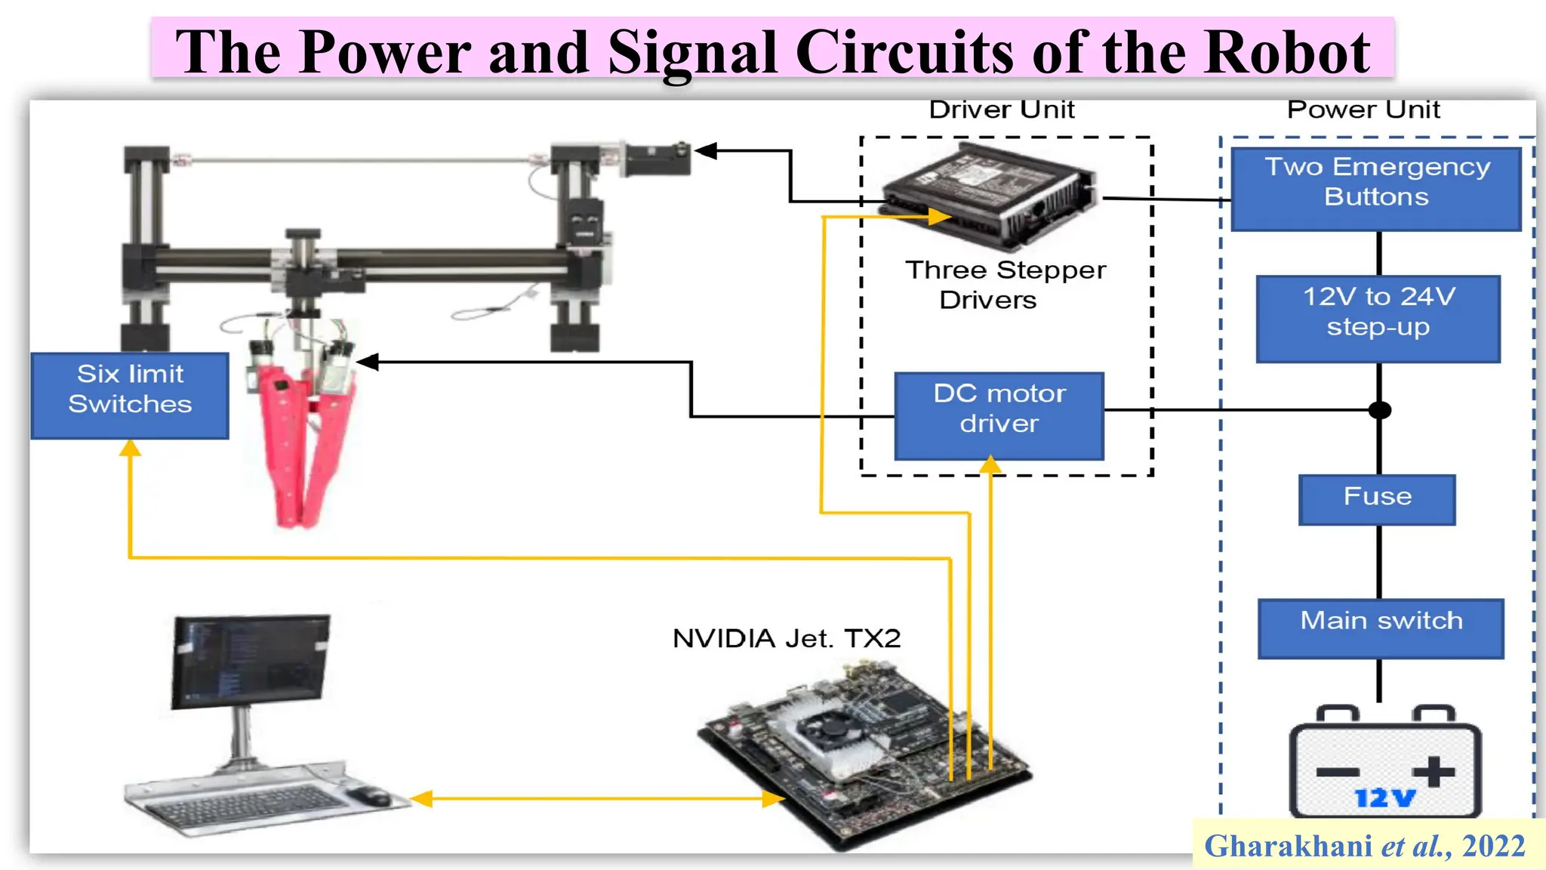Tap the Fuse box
tap(1377, 499)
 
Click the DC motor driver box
tap(999, 415)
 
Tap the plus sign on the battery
tap(1433, 772)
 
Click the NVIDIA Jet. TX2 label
tap(787, 639)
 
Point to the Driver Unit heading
tap(1002, 110)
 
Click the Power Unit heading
tap(1363, 110)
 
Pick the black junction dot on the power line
tap(1380, 410)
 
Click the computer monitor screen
tap(251, 660)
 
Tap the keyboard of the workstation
tap(242, 804)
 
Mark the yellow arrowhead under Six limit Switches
tap(130, 449)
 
